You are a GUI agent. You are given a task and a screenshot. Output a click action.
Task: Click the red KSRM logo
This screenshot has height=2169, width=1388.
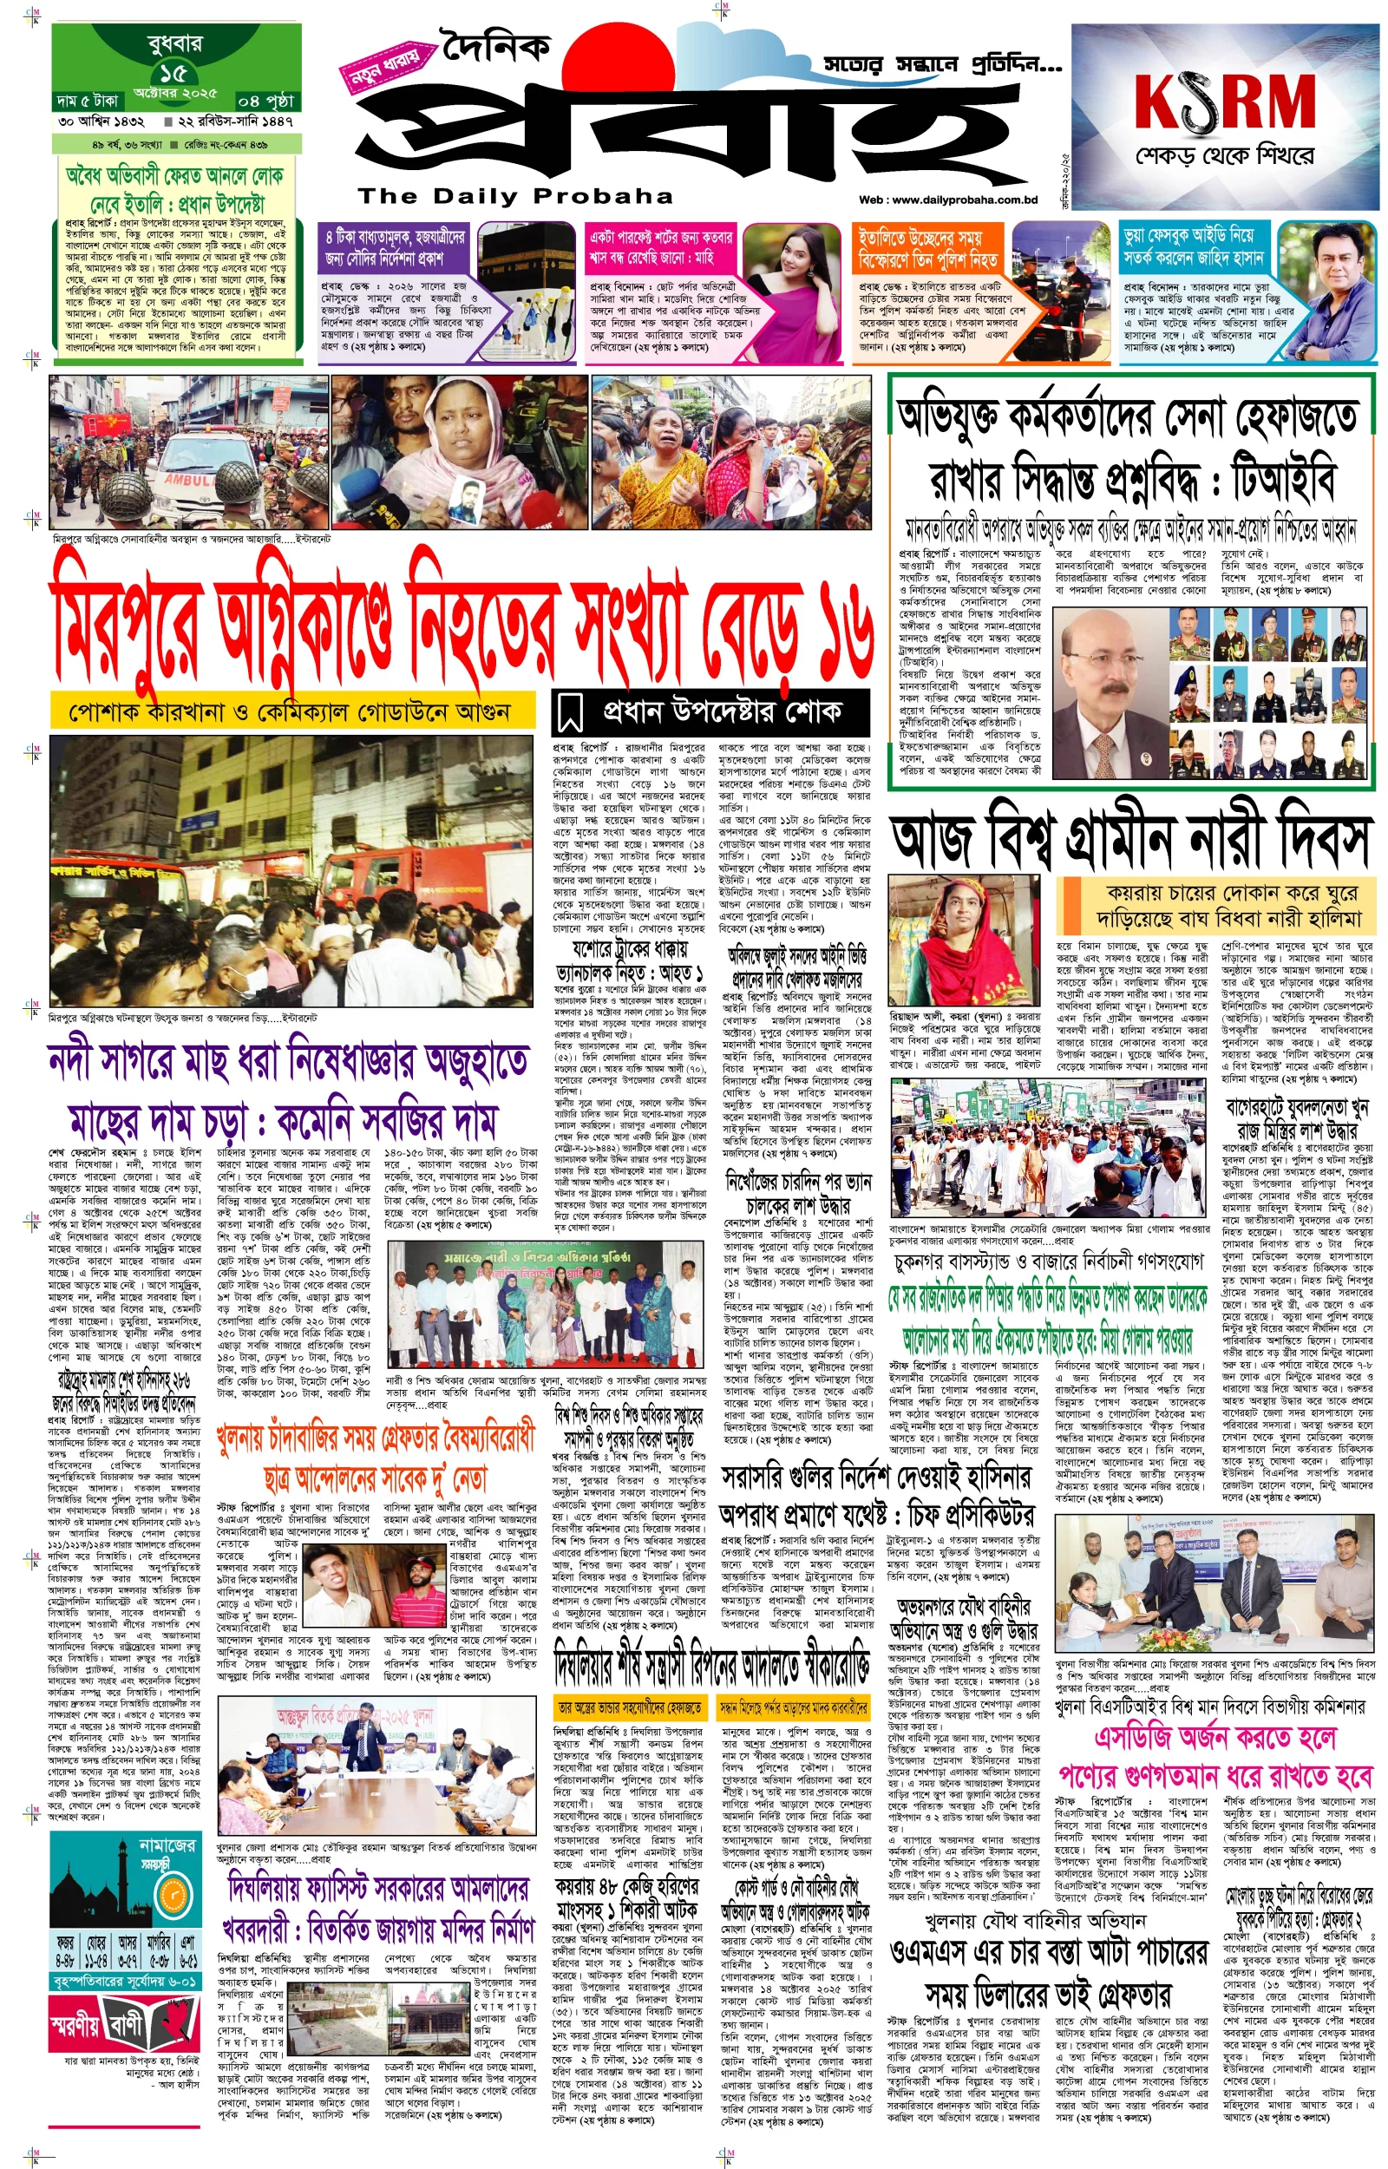1224,101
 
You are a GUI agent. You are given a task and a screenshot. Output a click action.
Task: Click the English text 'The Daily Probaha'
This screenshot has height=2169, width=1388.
515,195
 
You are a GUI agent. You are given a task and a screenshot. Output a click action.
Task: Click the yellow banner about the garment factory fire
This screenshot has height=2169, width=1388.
291,712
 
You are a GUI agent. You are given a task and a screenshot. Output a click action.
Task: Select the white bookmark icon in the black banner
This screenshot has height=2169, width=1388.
570,713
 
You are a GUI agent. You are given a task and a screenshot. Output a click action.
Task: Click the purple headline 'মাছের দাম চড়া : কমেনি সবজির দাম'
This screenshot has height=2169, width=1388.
283,1122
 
